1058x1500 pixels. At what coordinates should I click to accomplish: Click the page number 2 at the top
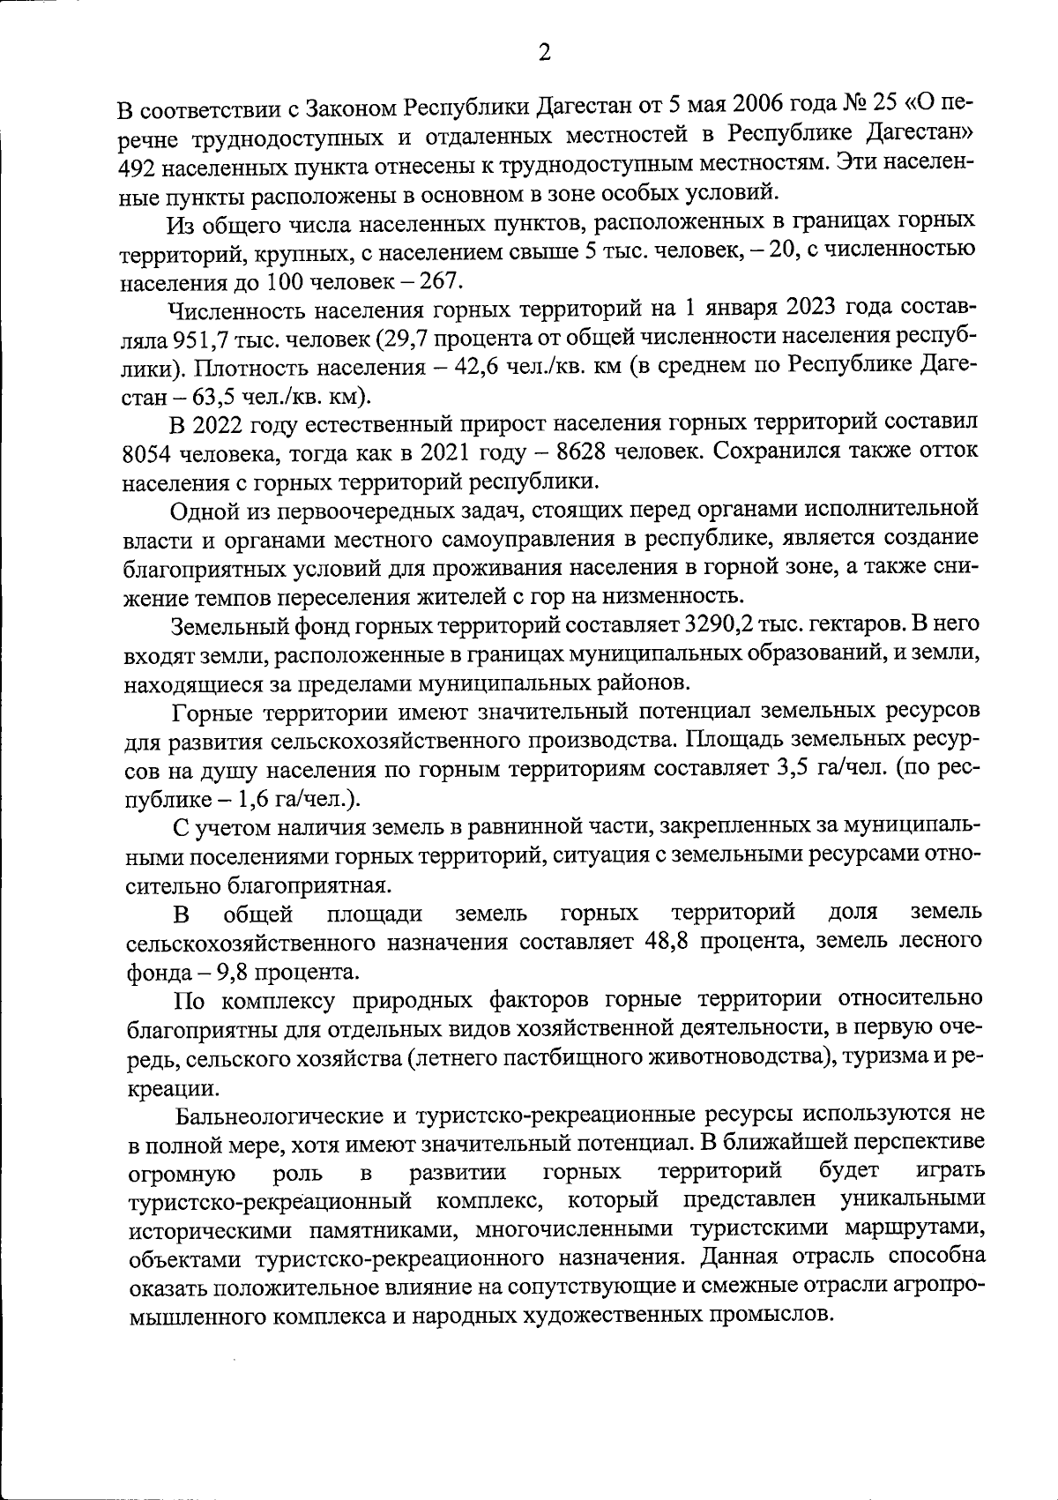[x=544, y=54]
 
